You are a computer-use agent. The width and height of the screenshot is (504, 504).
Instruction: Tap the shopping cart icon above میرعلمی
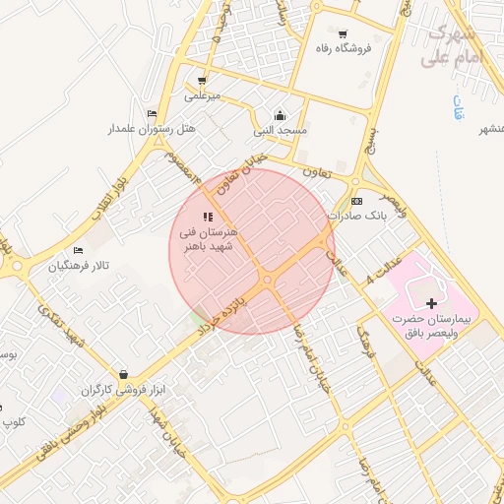click(202, 81)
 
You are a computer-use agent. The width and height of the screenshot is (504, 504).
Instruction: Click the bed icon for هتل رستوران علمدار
click(151, 113)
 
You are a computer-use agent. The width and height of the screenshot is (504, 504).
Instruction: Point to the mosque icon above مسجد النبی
click(281, 113)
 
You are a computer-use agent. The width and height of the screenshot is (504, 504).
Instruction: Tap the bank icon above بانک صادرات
click(357, 199)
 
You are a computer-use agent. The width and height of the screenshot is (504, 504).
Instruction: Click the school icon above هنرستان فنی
click(208, 217)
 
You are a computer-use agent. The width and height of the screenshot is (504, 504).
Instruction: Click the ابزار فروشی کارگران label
click(126, 391)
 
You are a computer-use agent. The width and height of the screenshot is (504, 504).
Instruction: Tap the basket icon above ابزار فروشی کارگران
click(123, 374)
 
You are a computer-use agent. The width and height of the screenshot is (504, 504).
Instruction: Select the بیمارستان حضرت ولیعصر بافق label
click(431, 326)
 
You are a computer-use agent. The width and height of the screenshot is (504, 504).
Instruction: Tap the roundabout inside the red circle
click(268, 281)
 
